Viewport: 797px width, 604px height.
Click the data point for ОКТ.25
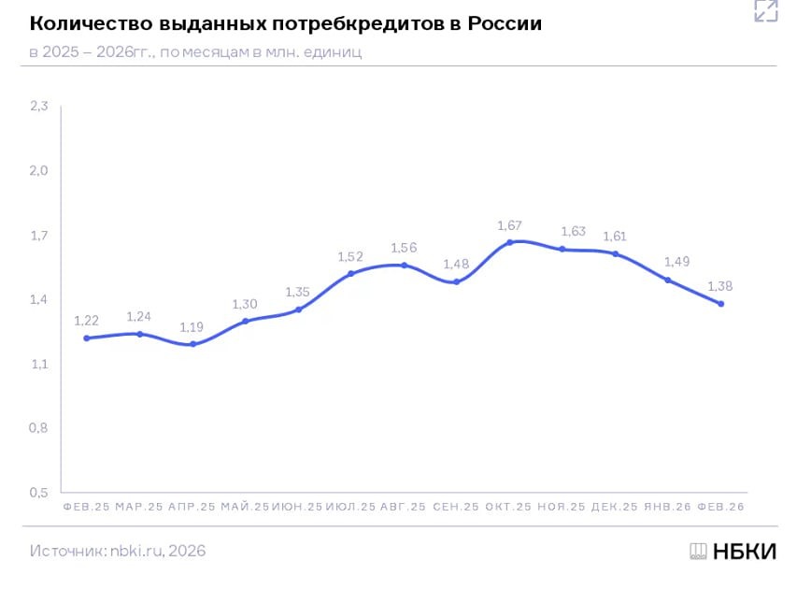pos(509,242)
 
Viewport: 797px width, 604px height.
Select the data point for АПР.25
pos(192,344)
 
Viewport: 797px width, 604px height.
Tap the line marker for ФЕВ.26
pos(721,304)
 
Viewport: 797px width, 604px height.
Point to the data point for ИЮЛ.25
pos(350,274)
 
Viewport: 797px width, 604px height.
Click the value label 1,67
pos(509,225)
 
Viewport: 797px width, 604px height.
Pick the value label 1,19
pos(192,327)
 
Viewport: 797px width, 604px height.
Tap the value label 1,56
pos(404,248)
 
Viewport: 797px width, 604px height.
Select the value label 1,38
pos(721,286)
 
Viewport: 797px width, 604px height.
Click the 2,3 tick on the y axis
pos(38,107)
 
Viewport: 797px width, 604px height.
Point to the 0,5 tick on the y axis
pos(38,492)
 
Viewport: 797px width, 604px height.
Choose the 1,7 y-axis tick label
pos(38,236)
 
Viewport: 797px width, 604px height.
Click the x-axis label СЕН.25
pos(456,507)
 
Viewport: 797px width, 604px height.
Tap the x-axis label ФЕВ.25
pos(86,507)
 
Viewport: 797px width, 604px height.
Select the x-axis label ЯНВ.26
pos(667,507)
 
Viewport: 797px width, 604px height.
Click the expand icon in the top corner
pos(765,11)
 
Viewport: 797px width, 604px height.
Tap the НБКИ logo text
pos(744,551)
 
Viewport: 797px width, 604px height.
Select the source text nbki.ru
pos(137,551)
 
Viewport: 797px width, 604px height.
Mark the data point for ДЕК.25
pos(615,253)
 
